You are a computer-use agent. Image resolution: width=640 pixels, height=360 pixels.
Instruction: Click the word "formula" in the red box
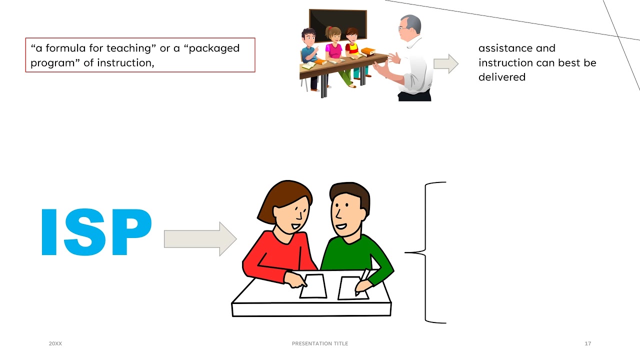tap(64, 48)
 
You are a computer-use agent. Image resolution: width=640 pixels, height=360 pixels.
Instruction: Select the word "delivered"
tap(501, 77)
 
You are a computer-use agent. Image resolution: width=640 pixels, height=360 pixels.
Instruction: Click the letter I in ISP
tap(48, 232)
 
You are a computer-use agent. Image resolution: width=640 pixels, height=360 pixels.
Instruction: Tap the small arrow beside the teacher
tap(445, 63)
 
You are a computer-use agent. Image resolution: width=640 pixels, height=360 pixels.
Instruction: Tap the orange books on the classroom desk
tap(367, 51)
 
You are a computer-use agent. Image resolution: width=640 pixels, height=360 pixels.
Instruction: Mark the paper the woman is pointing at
tap(313, 286)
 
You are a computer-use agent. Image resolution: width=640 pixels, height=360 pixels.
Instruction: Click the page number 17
tap(588, 343)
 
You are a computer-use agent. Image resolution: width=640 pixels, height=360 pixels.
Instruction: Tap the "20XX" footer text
tap(55, 343)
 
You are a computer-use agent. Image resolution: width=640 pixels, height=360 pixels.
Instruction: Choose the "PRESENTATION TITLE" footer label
tap(320, 343)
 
